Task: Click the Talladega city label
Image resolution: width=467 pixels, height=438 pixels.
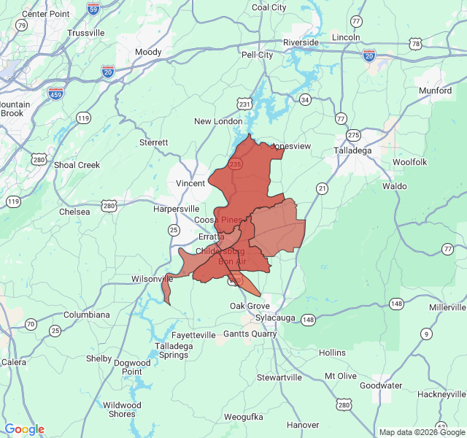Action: (353, 150)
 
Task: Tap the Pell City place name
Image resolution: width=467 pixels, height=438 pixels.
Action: (257, 55)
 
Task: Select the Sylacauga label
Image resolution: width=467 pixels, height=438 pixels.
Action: (276, 319)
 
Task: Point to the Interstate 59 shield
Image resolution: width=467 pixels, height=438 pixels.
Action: (93, 9)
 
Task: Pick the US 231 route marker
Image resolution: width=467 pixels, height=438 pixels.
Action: (244, 104)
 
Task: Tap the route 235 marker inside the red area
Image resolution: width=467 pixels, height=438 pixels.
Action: (235, 165)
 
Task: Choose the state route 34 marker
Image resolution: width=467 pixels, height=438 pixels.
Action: (305, 99)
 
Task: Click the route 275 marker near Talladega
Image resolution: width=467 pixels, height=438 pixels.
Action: (354, 135)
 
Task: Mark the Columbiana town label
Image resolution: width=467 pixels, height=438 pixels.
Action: (86, 315)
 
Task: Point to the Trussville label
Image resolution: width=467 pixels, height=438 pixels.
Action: (86, 33)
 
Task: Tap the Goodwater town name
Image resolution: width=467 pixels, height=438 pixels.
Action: (381, 385)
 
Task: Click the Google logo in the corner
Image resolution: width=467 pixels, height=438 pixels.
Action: (24, 429)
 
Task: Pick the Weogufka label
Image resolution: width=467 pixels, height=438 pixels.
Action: (243, 417)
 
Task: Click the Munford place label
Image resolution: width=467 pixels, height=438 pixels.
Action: (435, 91)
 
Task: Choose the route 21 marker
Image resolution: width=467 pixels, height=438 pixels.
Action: (322, 188)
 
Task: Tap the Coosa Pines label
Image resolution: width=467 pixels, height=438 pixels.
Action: (217, 220)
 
